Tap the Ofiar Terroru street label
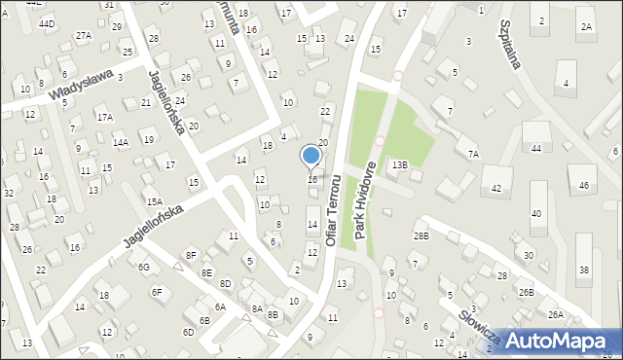[334, 209]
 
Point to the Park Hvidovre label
[364, 194]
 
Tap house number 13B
[400, 165]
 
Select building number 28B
[421, 236]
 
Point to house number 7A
[473, 154]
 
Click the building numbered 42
[495, 188]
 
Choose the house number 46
[584, 185]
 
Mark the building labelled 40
[535, 214]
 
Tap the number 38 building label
[583, 270]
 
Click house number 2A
[586, 27]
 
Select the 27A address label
[84, 35]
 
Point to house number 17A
[104, 117]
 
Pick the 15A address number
[154, 201]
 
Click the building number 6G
[143, 267]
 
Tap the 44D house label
[47, 22]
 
